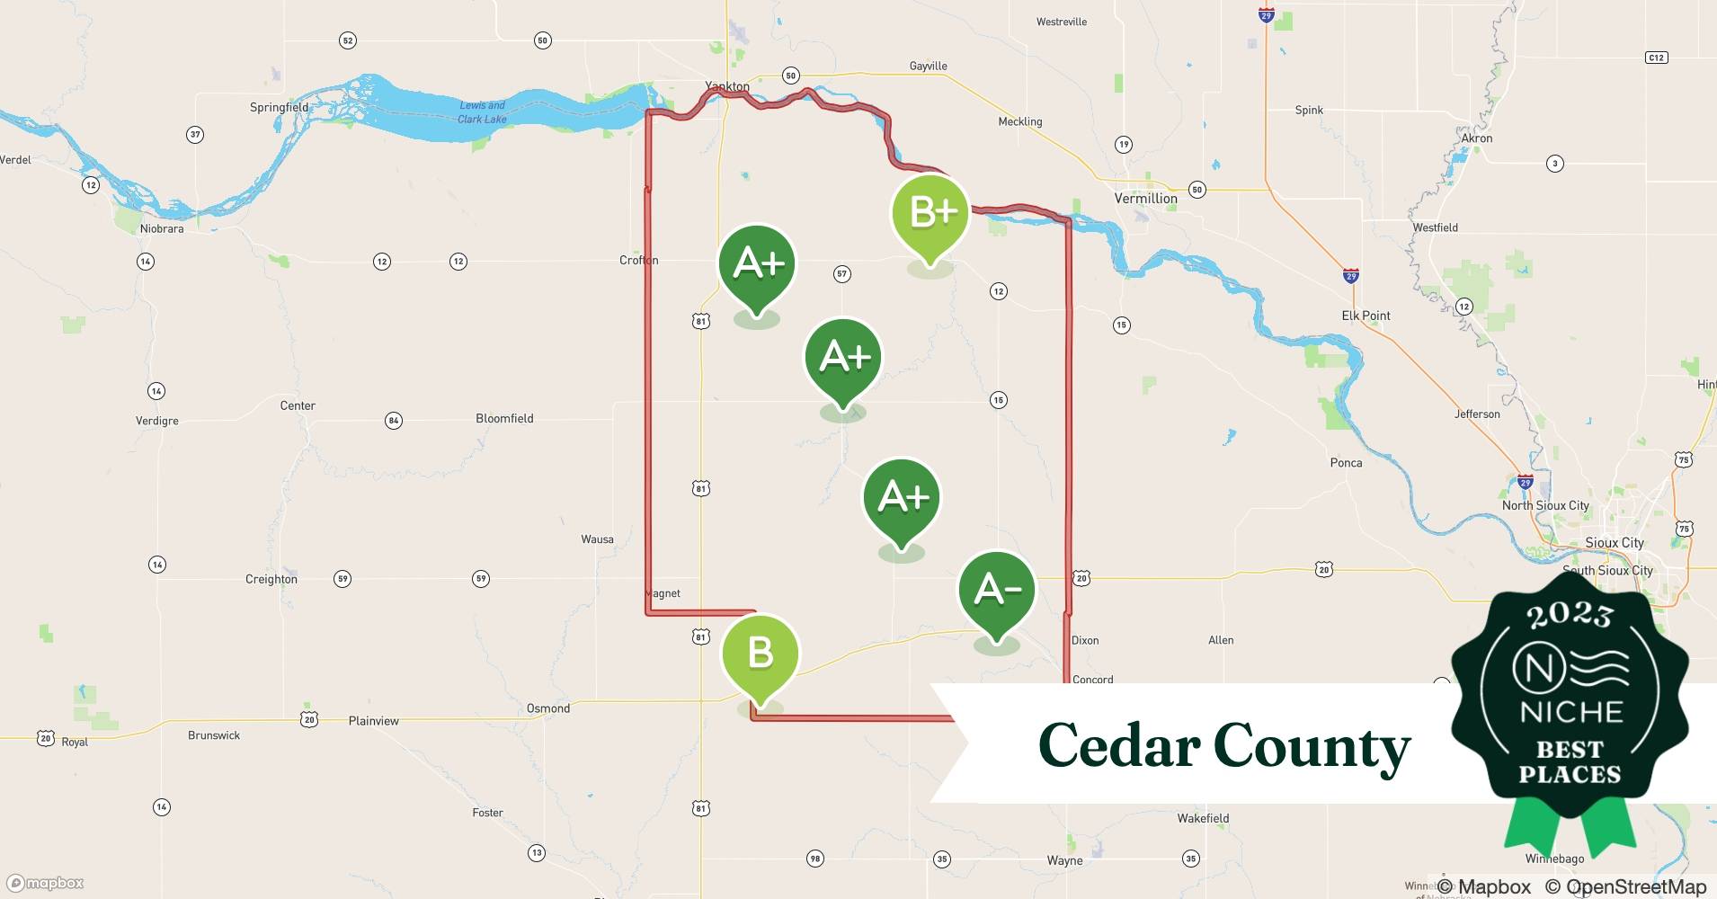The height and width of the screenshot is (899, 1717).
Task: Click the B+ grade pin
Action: pos(930,214)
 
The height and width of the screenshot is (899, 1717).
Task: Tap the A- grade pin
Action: pos(996,591)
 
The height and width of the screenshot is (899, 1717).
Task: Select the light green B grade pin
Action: pos(760,654)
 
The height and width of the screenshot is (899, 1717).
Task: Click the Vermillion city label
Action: pos(1145,199)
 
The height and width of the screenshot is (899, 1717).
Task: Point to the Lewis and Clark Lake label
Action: pos(482,112)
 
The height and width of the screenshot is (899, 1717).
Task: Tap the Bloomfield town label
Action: pos(504,418)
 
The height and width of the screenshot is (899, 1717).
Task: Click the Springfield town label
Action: pos(279,107)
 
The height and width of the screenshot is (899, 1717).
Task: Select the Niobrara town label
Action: pos(162,228)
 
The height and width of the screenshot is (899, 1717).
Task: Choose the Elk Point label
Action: pos(1366,316)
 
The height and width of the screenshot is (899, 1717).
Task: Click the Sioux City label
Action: pos(1615,542)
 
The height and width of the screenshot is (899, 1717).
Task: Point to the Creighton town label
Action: pos(271,579)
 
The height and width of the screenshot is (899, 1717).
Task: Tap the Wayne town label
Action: pos(1064,860)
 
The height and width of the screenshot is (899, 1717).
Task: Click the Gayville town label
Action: pos(928,66)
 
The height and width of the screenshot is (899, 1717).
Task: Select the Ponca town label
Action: pos(1346,463)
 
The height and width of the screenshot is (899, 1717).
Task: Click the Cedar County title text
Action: pos(1224,745)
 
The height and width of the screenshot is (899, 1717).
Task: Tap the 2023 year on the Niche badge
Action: pos(1570,615)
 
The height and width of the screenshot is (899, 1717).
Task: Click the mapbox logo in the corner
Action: pos(45,883)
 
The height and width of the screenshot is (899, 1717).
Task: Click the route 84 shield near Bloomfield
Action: pos(393,420)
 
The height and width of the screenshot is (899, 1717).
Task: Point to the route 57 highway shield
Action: pos(841,273)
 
